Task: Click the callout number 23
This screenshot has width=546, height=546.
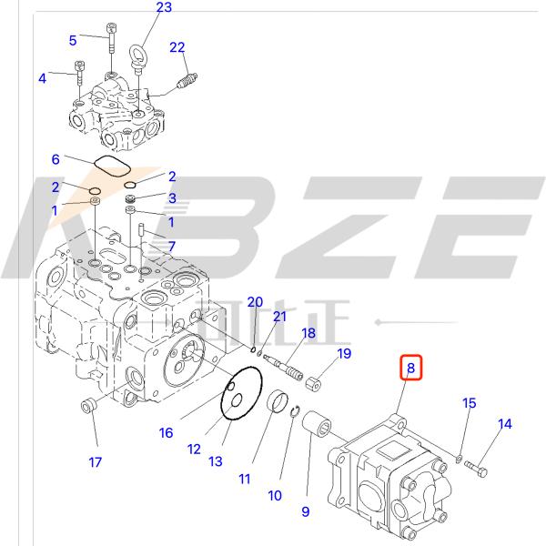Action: pos(163,8)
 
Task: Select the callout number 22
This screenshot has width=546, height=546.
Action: pos(177,47)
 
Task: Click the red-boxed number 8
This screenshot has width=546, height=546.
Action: pos(410,369)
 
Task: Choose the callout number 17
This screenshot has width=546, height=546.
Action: pos(95,462)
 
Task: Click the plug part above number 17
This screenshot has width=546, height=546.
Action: pos(89,406)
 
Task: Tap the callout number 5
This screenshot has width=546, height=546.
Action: pos(73,40)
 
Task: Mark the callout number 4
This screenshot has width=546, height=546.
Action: pos(42,78)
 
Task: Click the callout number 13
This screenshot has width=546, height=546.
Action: pos(215,461)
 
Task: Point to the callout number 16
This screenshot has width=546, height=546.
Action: pos(166,433)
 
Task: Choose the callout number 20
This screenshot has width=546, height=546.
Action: pos(256,302)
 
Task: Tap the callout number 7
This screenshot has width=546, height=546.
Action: pos(169,247)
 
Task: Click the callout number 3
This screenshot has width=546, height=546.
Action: pos(170,197)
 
